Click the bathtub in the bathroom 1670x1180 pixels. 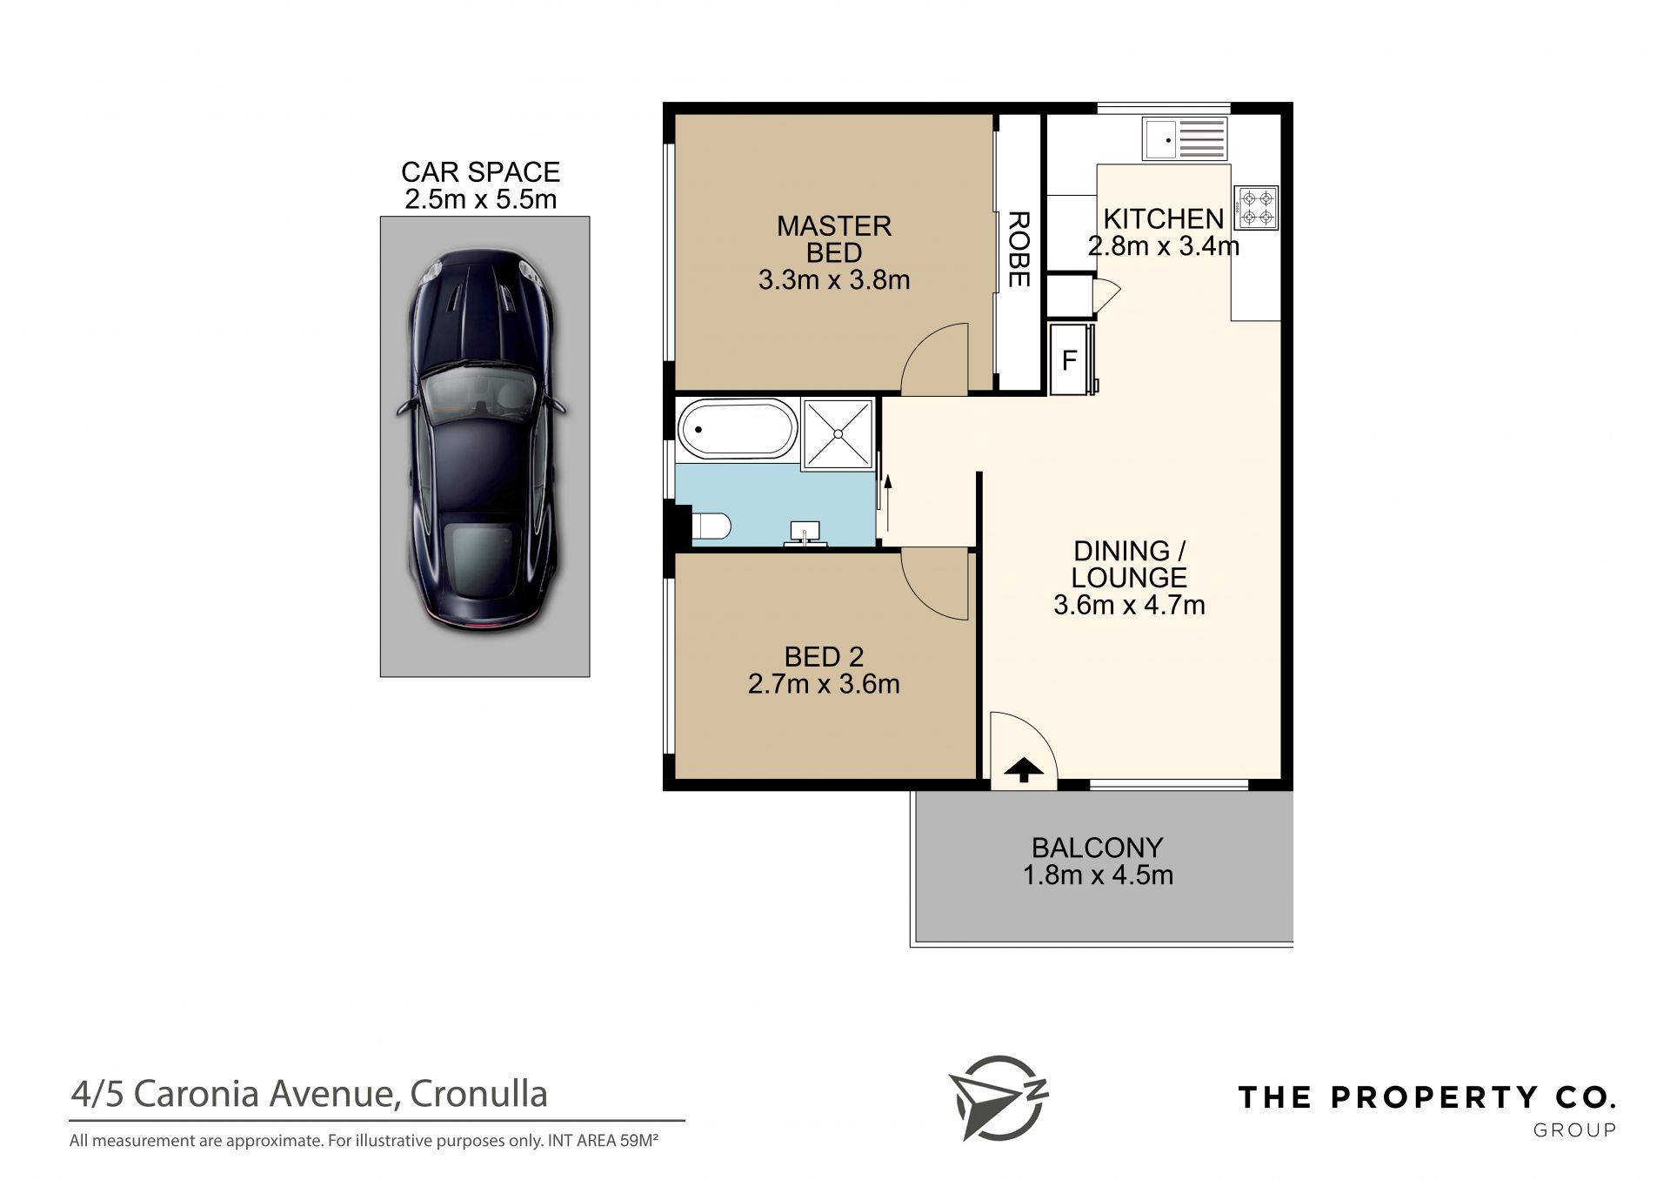point(737,429)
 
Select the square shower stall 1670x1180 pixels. point(838,432)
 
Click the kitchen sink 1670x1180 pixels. point(1185,139)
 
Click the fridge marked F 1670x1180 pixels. point(1072,359)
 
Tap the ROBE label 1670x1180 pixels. point(1019,250)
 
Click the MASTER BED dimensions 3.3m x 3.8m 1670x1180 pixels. point(834,280)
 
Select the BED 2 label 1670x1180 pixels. point(824,657)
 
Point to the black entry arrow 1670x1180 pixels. point(1024,770)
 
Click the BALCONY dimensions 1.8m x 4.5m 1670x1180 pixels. point(1098,875)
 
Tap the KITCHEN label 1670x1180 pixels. point(1163,218)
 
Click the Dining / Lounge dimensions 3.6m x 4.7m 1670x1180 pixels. point(1129,605)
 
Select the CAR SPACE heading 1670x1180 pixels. point(480,171)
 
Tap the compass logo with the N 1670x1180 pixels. point(998,1097)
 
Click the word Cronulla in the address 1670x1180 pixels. point(478,1094)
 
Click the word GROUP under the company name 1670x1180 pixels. point(1574,1130)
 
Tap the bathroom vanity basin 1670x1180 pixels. point(805,533)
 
